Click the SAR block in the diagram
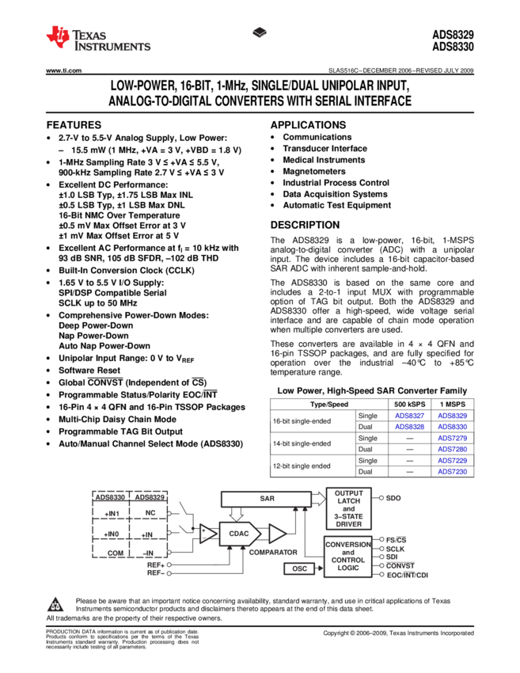[266, 499]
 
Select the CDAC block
[238, 534]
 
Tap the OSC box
[299, 568]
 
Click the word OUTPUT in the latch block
[348, 493]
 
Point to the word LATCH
[348, 501]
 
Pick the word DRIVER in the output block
[348, 524]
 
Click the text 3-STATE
[348, 516]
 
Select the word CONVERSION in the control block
[348, 545]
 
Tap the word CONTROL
[348, 560]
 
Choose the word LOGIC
[348, 568]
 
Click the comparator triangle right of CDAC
[276, 534]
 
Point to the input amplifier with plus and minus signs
[207, 534]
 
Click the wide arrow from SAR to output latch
[318, 498]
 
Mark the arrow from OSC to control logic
[320, 568]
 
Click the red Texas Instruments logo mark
[58, 36]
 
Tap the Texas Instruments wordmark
[112, 41]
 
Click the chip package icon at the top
[260, 32]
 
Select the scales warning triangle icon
[55, 606]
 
